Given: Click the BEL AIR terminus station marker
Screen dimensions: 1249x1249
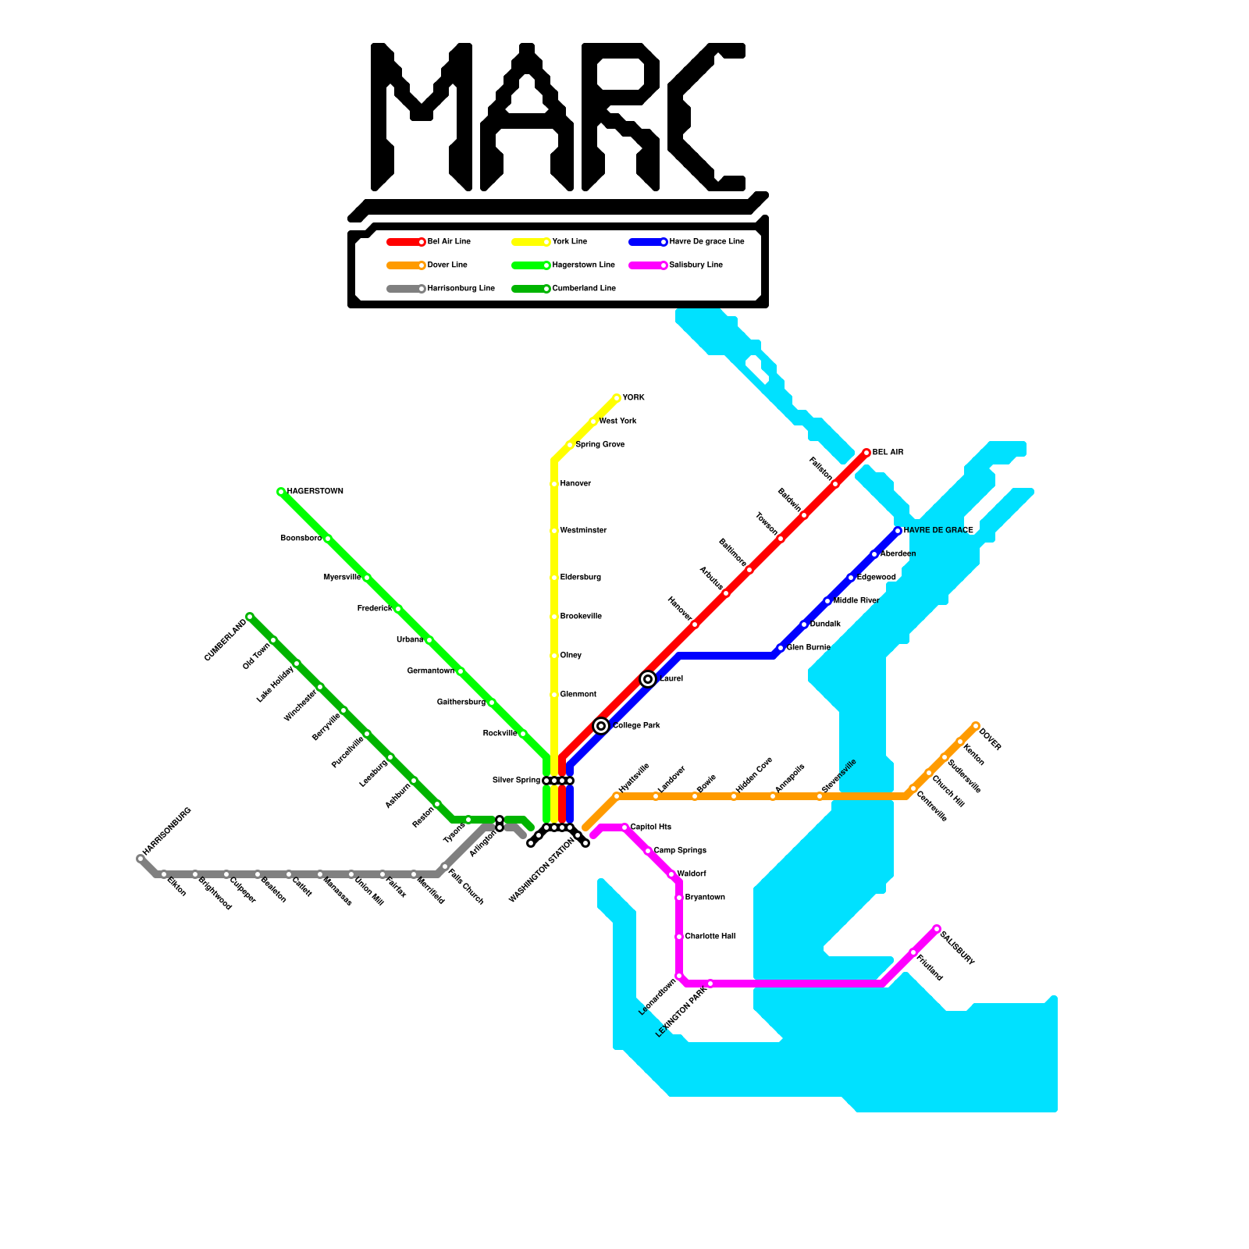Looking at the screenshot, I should (x=866, y=453).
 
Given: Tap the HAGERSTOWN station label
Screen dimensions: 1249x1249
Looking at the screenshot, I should (x=315, y=492).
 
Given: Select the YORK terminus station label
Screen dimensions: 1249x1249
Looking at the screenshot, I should (x=633, y=398).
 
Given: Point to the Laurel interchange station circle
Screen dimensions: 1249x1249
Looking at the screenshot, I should (x=648, y=679).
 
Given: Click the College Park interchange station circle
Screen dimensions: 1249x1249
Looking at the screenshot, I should (x=601, y=726).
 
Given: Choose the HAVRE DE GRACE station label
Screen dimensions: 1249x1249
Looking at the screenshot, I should (x=938, y=531).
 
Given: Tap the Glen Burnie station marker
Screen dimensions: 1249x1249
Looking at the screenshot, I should (x=781, y=648).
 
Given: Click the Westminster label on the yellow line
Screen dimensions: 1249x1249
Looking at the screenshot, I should (x=583, y=531).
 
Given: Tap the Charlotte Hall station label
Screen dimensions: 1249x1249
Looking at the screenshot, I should (x=710, y=937).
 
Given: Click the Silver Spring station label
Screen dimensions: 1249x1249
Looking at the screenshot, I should (x=516, y=781).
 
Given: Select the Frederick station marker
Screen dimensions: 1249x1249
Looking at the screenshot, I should (x=398, y=609).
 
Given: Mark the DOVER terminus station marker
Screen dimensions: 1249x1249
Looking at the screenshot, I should (x=976, y=726).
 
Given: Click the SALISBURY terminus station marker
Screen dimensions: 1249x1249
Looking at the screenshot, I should (x=937, y=929).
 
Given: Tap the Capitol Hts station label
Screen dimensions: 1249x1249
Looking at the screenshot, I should (x=650, y=827).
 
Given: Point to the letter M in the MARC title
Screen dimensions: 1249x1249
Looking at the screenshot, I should (x=422, y=117).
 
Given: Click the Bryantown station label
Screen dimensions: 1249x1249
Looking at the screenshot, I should (x=705, y=898).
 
